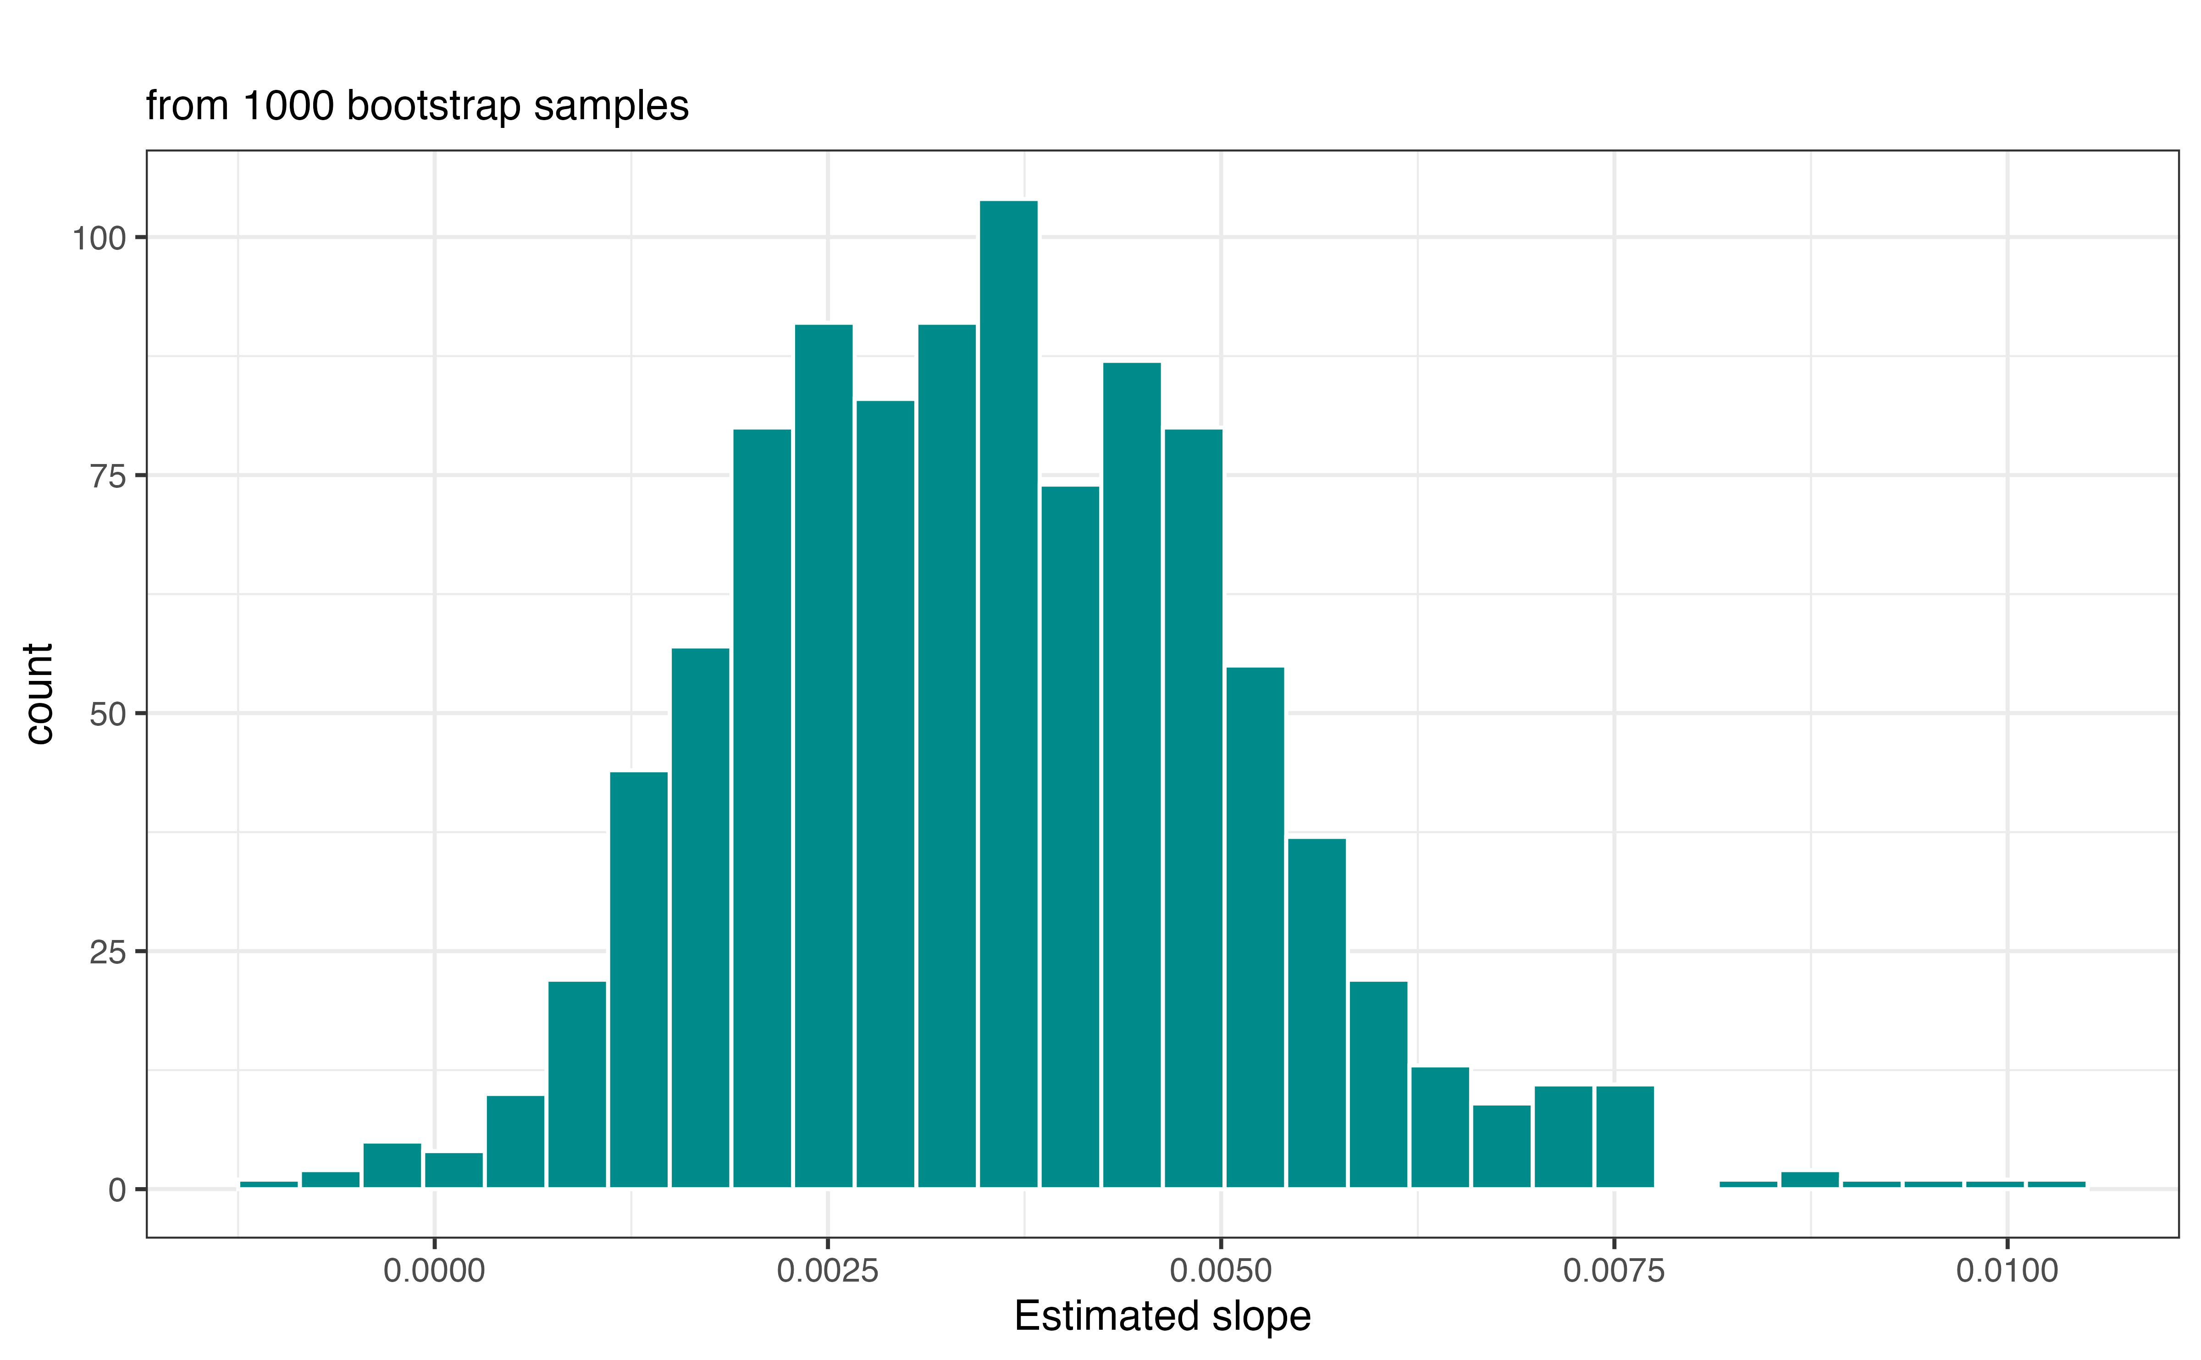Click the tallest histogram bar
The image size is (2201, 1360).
click(x=1008, y=692)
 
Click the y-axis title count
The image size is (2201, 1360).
click(x=39, y=693)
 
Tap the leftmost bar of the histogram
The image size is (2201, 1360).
click(x=269, y=1184)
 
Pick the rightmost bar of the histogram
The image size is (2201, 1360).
click(x=2056, y=1184)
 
